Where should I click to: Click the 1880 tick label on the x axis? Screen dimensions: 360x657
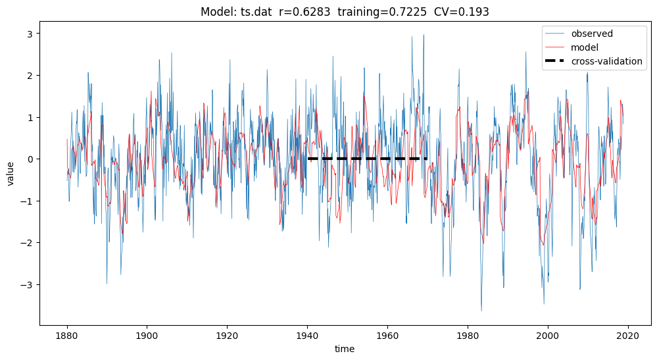pos(66,336)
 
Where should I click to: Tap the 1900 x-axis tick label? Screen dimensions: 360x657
pos(147,336)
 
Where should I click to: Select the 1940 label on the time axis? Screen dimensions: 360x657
pos(307,336)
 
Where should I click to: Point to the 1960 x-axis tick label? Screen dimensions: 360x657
pos(387,336)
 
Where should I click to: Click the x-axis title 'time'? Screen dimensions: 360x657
pos(344,349)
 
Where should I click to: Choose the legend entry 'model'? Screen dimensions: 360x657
pos(584,47)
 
